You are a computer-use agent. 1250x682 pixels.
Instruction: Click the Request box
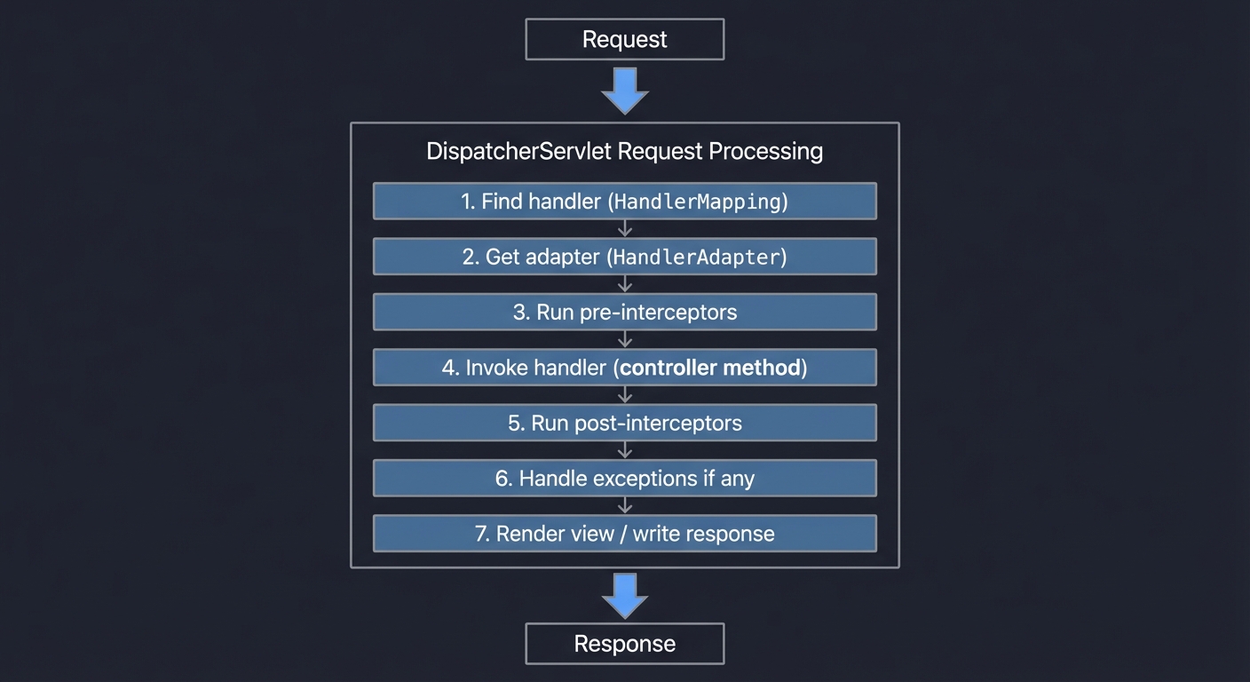pos(624,40)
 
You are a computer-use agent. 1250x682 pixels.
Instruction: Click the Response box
pos(624,644)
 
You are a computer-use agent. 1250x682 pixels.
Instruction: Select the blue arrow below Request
pos(625,91)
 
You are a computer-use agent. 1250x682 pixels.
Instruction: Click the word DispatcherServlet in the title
pos(518,151)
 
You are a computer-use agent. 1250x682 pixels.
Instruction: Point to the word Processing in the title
pos(765,151)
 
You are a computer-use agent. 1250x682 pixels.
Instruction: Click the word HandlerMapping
pos(697,202)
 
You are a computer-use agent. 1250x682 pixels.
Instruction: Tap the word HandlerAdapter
pos(697,258)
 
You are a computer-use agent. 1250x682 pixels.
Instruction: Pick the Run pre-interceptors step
pos(624,313)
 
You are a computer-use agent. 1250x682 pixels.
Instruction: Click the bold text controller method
pos(710,368)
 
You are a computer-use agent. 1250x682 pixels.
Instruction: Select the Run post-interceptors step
pos(624,423)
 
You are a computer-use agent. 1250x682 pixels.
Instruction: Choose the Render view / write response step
pos(624,534)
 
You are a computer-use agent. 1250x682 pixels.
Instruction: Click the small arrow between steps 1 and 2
pos(625,229)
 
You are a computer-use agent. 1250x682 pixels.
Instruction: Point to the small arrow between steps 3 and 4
pos(625,340)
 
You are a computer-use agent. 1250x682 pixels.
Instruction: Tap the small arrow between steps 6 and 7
pos(625,506)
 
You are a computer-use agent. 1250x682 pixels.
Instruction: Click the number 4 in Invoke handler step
pos(449,368)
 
